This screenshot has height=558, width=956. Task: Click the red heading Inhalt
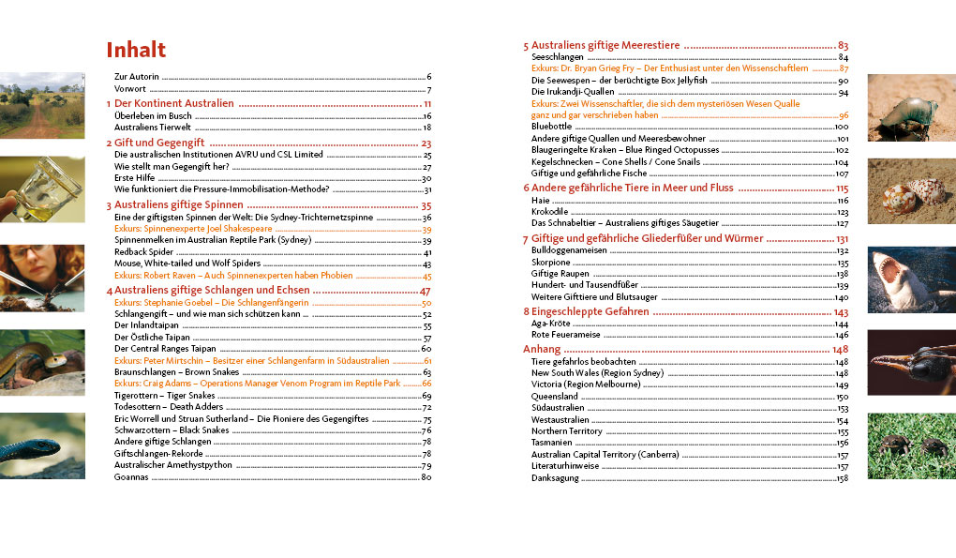pos(136,50)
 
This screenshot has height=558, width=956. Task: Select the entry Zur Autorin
pos(137,77)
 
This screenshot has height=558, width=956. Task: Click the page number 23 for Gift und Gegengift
pos(426,143)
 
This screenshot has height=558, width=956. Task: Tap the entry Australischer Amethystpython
pos(170,465)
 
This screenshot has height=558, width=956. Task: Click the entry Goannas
pos(131,477)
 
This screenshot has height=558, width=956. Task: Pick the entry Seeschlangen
pos(557,57)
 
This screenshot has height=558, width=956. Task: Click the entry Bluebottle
pos(551,126)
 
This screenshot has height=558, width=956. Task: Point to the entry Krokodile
pos(552,212)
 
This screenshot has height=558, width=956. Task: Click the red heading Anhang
pos(541,349)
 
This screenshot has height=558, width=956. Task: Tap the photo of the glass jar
pos(42,189)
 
